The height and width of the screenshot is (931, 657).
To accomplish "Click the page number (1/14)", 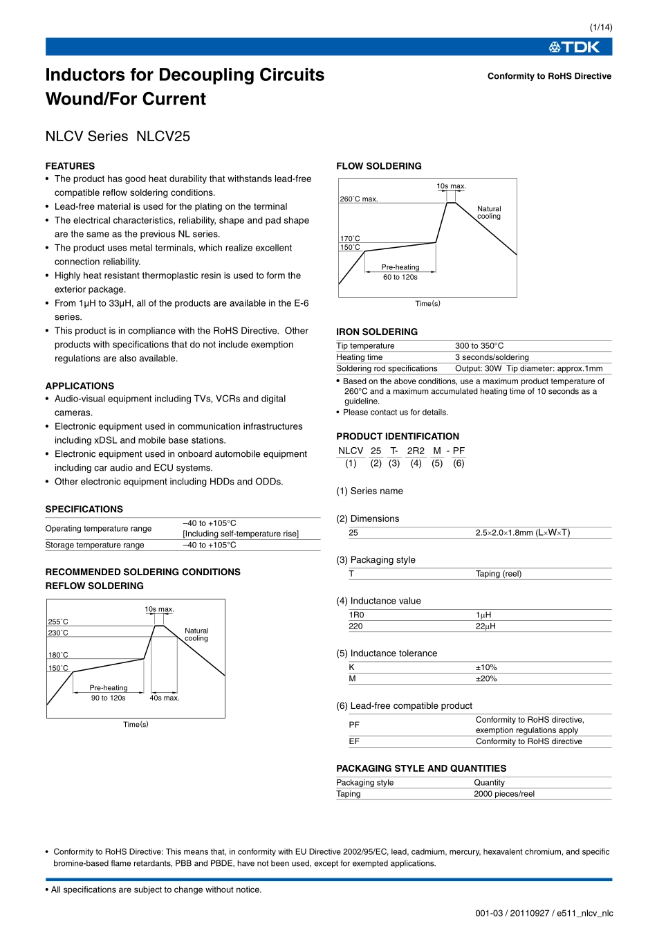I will pyautogui.click(x=600, y=27).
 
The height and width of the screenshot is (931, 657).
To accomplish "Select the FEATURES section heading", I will pyautogui.click(x=70, y=166).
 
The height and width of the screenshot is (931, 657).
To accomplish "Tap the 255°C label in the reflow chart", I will pyautogui.click(x=58, y=622).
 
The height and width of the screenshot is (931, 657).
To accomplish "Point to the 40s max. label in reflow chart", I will pyautogui.click(x=164, y=698).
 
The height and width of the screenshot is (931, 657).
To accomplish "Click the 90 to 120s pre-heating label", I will pyautogui.click(x=108, y=698).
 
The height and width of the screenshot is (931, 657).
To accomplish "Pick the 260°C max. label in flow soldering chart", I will pyautogui.click(x=359, y=199).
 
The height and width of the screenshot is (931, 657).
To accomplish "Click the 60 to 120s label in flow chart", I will pyautogui.click(x=400, y=277).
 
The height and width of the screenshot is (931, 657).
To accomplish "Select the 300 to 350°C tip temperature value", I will pyautogui.click(x=479, y=346).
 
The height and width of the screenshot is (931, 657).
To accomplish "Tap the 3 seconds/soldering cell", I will pyautogui.click(x=492, y=357).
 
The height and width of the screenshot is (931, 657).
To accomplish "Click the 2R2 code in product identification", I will pyautogui.click(x=416, y=451).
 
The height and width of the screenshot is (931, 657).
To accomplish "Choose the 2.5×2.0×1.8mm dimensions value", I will pyautogui.click(x=522, y=533).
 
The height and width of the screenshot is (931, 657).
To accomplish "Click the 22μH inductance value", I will pyautogui.click(x=485, y=626).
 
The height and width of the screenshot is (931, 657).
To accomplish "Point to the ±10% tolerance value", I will pyautogui.click(x=486, y=668).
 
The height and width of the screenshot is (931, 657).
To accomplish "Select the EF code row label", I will pyautogui.click(x=354, y=741).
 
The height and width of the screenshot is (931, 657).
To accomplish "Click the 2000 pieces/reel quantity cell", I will pyautogui.click(x=503, y=794).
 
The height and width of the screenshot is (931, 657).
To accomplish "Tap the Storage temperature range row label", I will pyautogui.click(x=95, y=545).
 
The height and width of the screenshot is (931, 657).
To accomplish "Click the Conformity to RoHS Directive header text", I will pyautogui.click(x=549, y=76).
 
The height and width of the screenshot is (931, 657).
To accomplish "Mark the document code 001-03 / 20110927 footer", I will pyautogui.click(x=544, y=913).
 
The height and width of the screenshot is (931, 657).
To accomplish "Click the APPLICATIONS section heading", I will pyautogui.click(x=80, y=386).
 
